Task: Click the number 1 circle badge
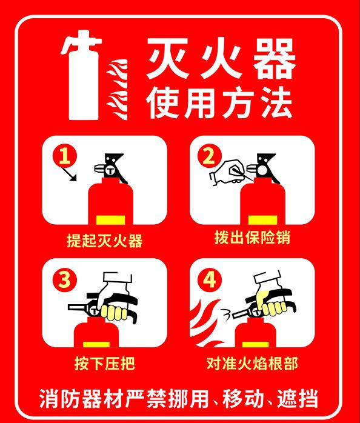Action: pyautogui.click(x=65, y=156)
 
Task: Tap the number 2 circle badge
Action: pyautogui.click(x=210, y=156)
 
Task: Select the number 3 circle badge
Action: pyautogui.click(x=65, y=279)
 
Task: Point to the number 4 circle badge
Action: pyautogui.click(x=210, y=279)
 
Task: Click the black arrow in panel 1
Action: pyautogui.click(x=69, y=174)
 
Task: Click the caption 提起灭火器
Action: pyautogui.click(x=104, y=241)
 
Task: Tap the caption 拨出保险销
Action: pyautogui.click(x=252, y=238)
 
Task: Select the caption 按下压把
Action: pyautogui.click(x=104, y=364)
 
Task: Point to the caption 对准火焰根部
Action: pyautogui.click(x=252, y=364)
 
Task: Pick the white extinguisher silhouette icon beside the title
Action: pyautogui.click(x=82, y=75)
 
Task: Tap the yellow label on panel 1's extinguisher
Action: pyautogui.click(x=111, y=220)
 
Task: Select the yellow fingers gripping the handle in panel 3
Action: pyautogui.click(x=114, y=313)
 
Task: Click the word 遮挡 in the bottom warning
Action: pyautogui.click(x=298, y=398)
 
